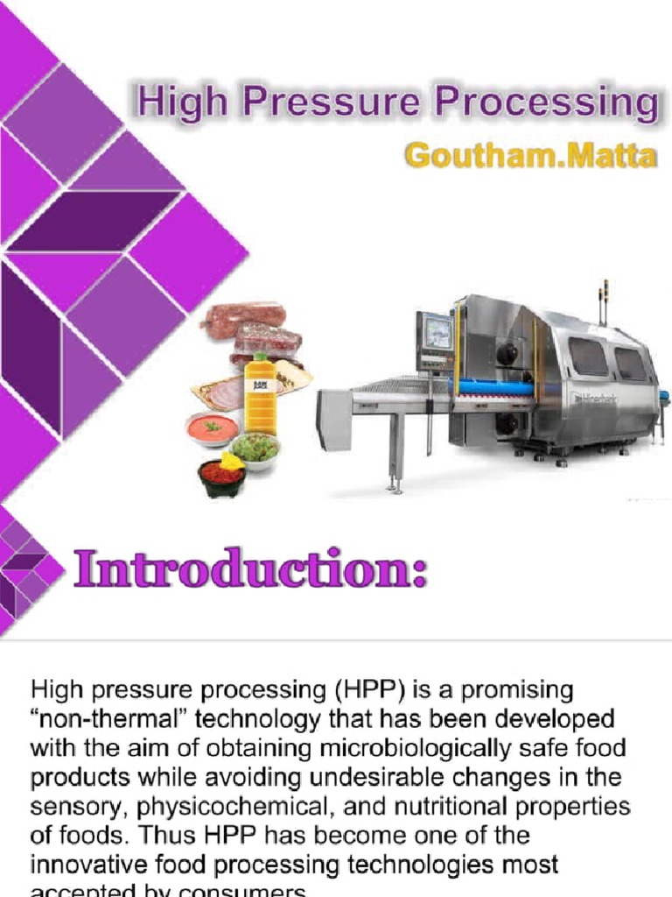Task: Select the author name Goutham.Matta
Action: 530,156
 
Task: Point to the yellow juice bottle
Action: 260,395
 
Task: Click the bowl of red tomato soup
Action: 212,429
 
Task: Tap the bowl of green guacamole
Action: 255,450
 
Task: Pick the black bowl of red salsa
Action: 221,476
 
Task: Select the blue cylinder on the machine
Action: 492,386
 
